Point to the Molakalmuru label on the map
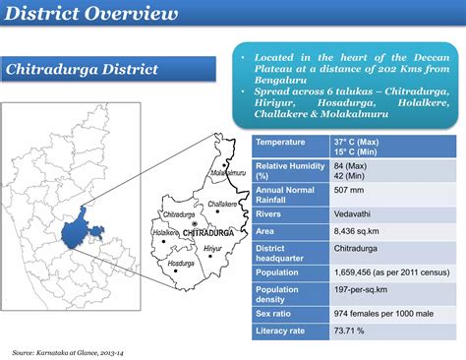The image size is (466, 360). click(228, 171)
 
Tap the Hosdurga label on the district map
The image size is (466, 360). click(181, 263)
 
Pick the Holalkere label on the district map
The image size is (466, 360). click(165, 233)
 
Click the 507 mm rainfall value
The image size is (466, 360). click(349, 189)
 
